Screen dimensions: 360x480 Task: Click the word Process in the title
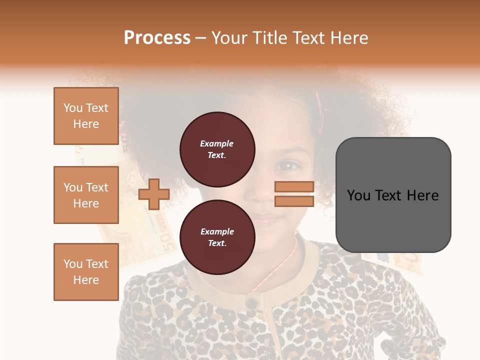(157, 37)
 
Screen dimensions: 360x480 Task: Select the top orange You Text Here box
(86, 116)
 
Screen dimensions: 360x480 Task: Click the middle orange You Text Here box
(86, 195)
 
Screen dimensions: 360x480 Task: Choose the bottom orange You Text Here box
(86, 272)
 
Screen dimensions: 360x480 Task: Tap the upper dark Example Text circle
(217, 149)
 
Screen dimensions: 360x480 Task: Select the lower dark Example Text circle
(217, 237)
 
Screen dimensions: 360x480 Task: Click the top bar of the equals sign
(294, 187)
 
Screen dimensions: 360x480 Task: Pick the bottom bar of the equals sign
(294, 201)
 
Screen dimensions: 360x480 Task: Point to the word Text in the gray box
(392, 195)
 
